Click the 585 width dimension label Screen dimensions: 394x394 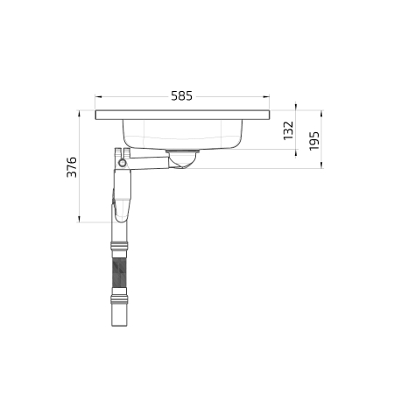tap(181, 96)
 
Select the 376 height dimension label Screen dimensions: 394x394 tap(72, 167)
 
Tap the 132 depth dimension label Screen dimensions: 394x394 tap(288, 130)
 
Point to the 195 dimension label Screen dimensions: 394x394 tap(314, 141)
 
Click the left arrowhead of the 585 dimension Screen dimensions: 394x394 tap(98, 96)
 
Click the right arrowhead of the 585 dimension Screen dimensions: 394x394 tap(266, 96)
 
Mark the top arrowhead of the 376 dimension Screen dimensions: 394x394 tap(79, 114)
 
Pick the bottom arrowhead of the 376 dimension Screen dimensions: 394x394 tap(79, 219)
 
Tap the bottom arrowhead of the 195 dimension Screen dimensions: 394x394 tap(321, 165)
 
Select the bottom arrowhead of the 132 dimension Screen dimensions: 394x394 tap(296, 152)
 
